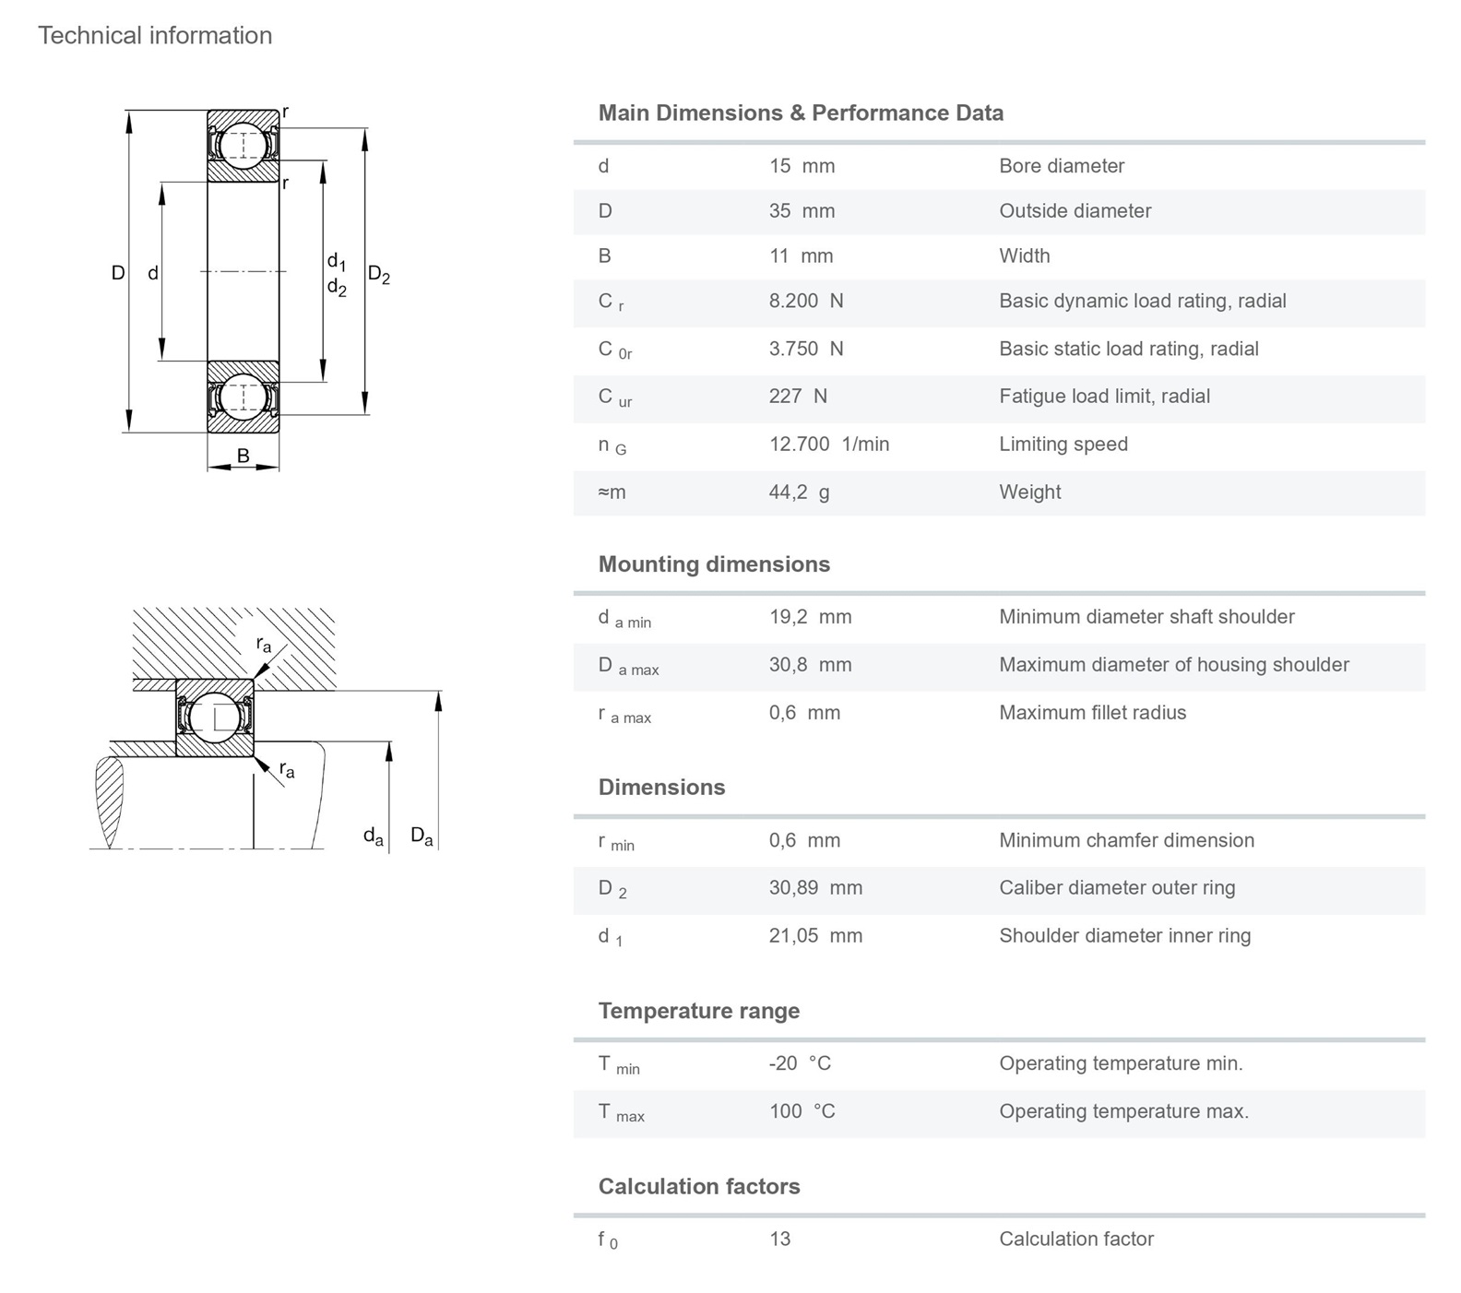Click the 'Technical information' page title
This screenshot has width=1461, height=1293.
coord(155,36)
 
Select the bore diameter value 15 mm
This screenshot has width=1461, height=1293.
coord(802,166)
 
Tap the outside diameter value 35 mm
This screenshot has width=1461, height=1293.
coord(802,211)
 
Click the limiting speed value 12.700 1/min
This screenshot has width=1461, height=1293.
coord(828,445)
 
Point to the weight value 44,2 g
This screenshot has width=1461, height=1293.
coord(799,492)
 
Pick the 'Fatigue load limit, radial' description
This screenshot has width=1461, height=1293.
coord(1104,397)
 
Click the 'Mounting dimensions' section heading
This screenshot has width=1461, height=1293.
coord(714,564)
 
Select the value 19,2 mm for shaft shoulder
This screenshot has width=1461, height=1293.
coord(810,617)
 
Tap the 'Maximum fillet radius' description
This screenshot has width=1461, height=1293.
coord(1092,713)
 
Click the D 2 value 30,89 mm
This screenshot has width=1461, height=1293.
coord(815,888)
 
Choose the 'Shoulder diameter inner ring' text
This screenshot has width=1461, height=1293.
coord(1124,936)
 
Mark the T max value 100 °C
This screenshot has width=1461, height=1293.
coord(802,1111)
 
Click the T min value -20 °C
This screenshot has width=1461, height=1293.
coord(800,1063)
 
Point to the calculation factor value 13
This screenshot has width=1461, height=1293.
coord(779,1240)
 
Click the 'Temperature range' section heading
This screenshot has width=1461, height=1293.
coord(698,1011)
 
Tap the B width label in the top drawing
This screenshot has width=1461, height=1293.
coord(243,456)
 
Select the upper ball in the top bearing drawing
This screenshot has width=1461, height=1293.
coord(243,145)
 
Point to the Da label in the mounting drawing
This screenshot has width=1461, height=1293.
coord(422,836)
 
